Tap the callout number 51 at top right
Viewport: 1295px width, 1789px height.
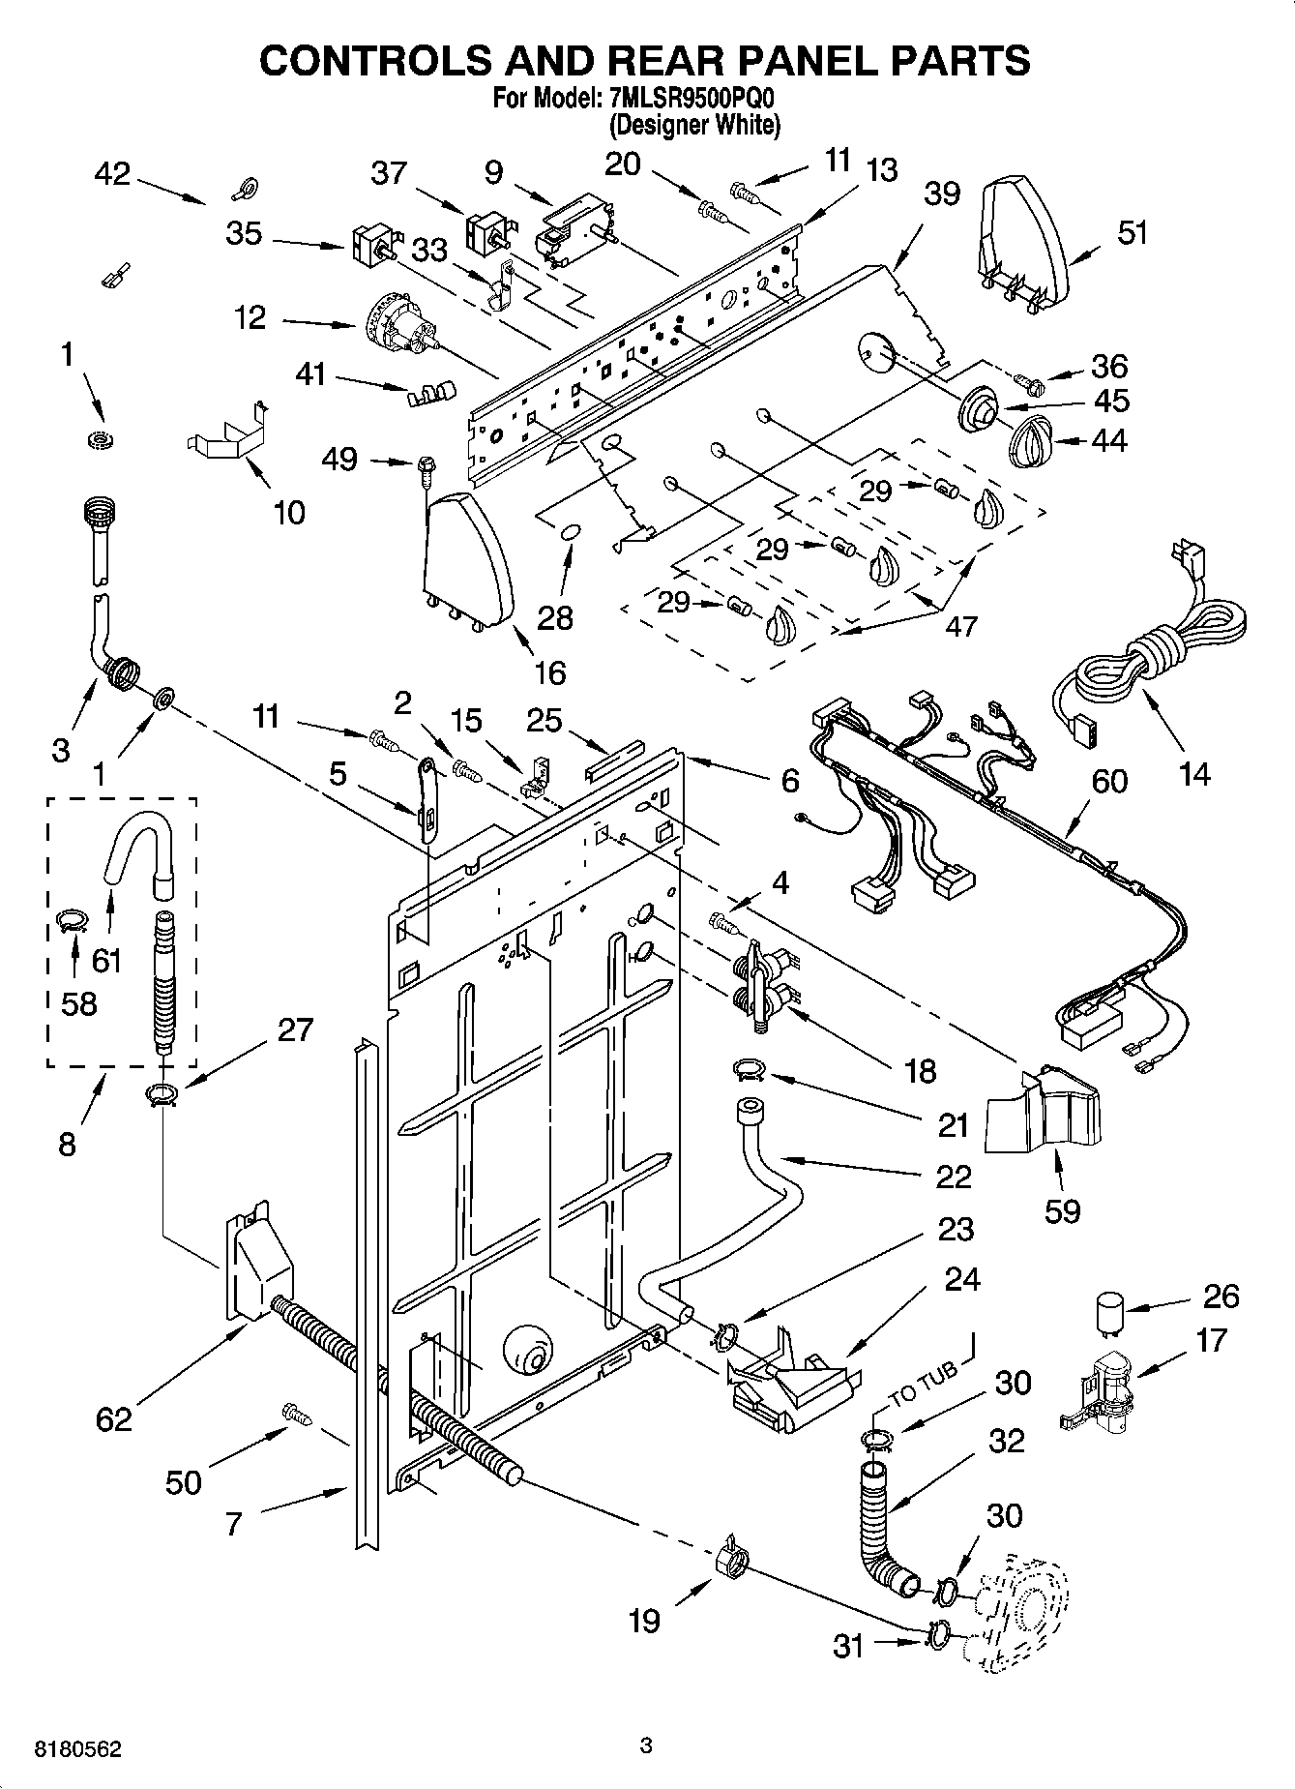(1132, 232)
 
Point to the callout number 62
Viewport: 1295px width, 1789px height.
(113, 1418)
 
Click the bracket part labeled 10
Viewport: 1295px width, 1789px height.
(228, 435)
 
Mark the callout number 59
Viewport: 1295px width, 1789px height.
(1062, 1209)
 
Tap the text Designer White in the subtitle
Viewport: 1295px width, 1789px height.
(694, 125)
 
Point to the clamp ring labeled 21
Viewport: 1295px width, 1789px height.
(750, 1069)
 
